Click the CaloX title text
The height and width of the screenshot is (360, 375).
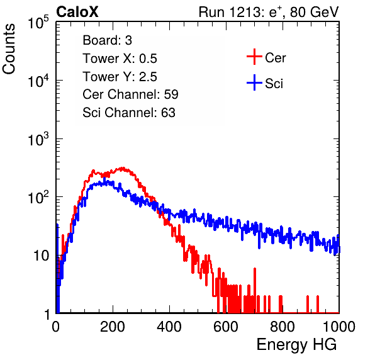[77, 12]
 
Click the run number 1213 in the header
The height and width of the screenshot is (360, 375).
[246, 12]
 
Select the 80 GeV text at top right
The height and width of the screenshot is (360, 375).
[315, 12]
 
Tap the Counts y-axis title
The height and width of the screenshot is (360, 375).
[9, 48]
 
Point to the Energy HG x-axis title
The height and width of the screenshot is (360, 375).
[296, 344]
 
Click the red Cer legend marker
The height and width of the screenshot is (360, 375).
[254, 57]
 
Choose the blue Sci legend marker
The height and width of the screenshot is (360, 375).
[254, 82]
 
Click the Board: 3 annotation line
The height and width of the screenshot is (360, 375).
[107, 40]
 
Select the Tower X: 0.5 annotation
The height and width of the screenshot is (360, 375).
[120, 59]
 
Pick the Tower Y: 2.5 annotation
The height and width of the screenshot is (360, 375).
[120, 77]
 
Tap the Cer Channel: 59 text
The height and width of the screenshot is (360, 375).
[130, 94]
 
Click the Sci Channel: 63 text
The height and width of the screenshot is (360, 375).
[129, 113]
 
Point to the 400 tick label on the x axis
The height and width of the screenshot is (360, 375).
[169, 327]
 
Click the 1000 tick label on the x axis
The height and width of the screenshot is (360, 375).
[339, 327]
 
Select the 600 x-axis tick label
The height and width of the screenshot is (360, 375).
[226, 327]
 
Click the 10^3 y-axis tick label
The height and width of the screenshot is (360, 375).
[38, 139]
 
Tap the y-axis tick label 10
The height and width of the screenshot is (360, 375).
[41, 256]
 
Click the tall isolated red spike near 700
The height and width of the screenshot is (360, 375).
[255, 290]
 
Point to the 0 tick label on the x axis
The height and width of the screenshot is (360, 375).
[56, 327]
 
